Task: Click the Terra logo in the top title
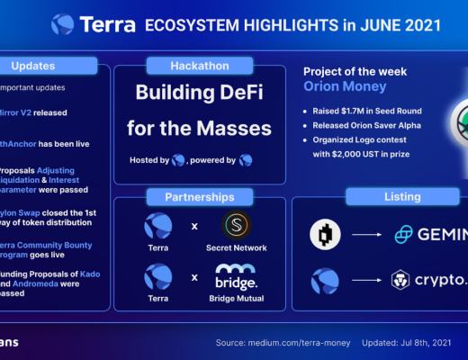click(63, 24)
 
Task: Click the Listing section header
click(401, 196)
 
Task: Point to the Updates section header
click(34, 66)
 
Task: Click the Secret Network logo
click(236, 225)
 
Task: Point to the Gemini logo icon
click(405, 235)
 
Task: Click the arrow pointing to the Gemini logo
click(364, 235)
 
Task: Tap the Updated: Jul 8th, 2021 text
click(406, 343)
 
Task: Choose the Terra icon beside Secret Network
click(159, 225)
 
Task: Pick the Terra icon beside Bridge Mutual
click(159, 274)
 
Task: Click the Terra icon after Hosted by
click(178, 160)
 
